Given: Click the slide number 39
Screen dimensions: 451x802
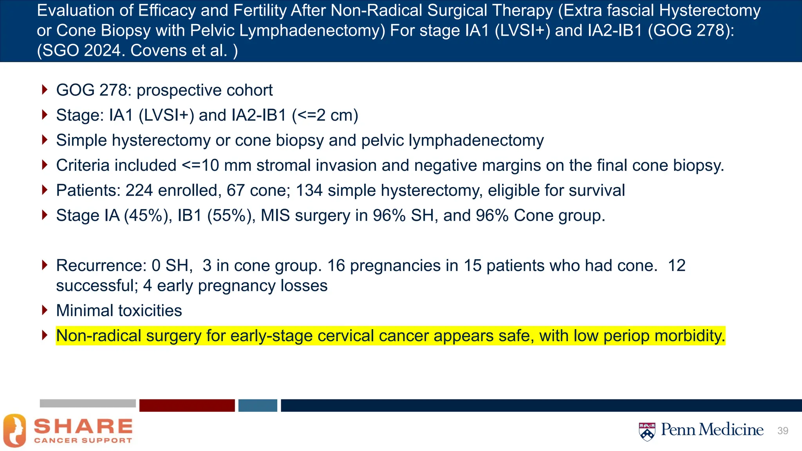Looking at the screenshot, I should coord(782,431).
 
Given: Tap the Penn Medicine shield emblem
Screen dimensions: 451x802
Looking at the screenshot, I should coord(647,431).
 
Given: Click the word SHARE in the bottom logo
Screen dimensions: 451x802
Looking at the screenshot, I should coord(83,426).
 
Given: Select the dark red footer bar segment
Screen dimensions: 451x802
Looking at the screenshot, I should coord(187,405).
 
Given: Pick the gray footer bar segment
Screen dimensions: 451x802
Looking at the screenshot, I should coord(88,403).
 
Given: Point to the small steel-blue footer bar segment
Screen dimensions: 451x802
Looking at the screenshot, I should coord(258,405).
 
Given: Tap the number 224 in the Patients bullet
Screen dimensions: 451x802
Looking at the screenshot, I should coord(139,191).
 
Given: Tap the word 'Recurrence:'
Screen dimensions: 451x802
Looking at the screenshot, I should coord(101,266).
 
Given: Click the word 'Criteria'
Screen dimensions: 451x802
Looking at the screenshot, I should coord(83,166).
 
